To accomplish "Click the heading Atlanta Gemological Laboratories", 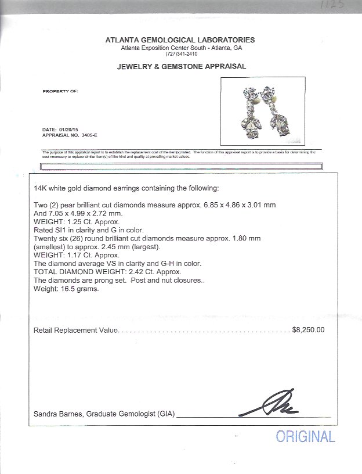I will [180, 39].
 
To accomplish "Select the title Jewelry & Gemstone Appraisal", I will [182, 67].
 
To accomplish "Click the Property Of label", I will [61, 91].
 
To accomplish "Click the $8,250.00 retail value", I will [309, 329].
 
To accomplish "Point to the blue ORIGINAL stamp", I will [305, 436].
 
